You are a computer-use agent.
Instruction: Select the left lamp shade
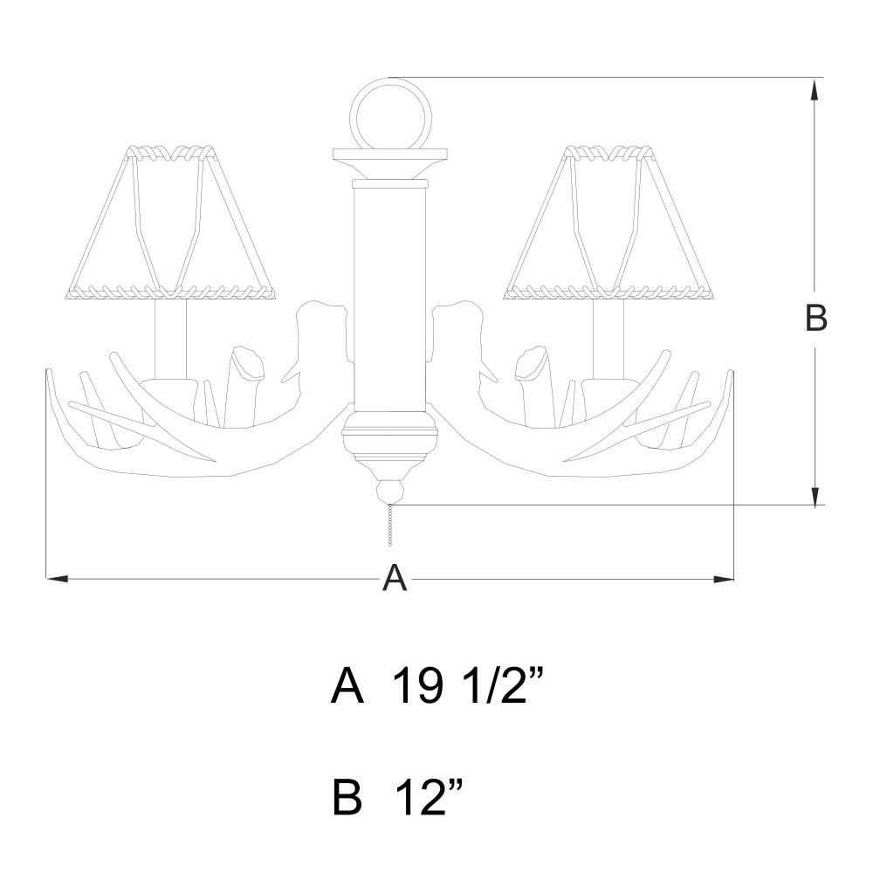pyautogui.click(x=171, y=223)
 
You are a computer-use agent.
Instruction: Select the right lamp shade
pyautogui.click(x=608, y=223)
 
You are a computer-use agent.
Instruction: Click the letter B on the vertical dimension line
pyautogui.click(x=816, y=319)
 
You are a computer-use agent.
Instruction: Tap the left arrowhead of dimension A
pyautogui.click(x=57, y=579)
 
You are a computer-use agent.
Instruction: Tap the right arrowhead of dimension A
pyautogui.click(x=723, y=579)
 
